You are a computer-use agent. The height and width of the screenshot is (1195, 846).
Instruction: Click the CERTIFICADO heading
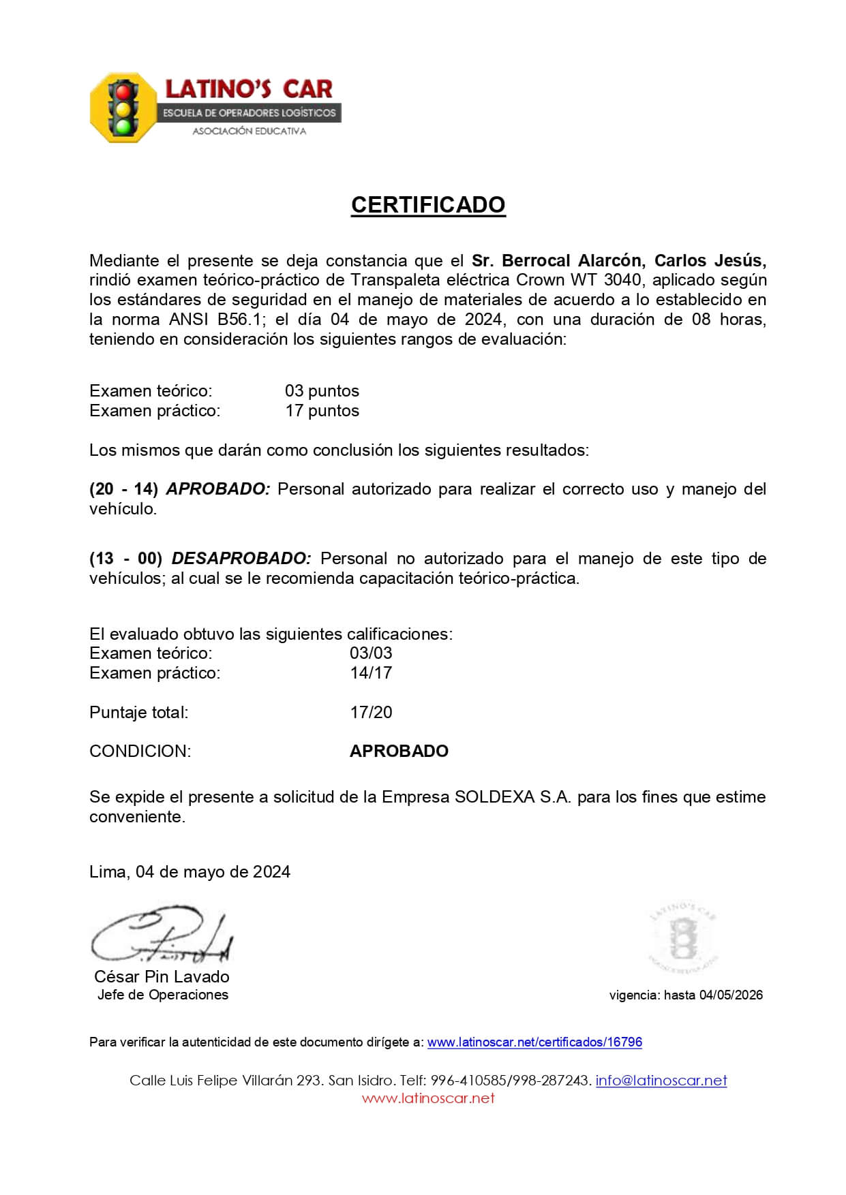pyautogui.click(x=428, y=205)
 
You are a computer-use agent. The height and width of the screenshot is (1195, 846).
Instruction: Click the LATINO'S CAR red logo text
pyautogui.click(x=249, y=89)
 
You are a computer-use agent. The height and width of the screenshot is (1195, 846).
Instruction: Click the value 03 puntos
pyautogui.click(x=322, y=391)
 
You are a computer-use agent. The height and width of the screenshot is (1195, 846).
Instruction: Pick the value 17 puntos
pyautogui.click(x=322, y=411)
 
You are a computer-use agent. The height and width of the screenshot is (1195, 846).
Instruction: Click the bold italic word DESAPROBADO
pyautogui.click(x=241, y=559)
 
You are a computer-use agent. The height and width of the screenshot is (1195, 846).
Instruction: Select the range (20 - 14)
pyautogui.click(x=124, y=489)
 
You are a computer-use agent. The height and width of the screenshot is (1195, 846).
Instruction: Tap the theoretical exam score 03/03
pyautogui.click(x=371, y=653)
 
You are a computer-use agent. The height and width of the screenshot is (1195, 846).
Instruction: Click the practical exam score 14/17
pyautogui.click(x=371, y=672)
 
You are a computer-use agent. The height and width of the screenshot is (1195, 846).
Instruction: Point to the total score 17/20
pyautogui.click(x=371, y=713)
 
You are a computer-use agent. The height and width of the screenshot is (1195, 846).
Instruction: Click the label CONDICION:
pyautogui.click(x=140, y=751)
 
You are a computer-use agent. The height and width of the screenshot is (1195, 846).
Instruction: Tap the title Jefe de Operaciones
pyautogui.click(x=163, y=995)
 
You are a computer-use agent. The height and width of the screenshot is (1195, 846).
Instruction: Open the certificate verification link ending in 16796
pyautogui.click(x=534, y=1042)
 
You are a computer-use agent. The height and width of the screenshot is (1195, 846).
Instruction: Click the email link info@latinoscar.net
pyautogui.click(x=661, y=1081)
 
